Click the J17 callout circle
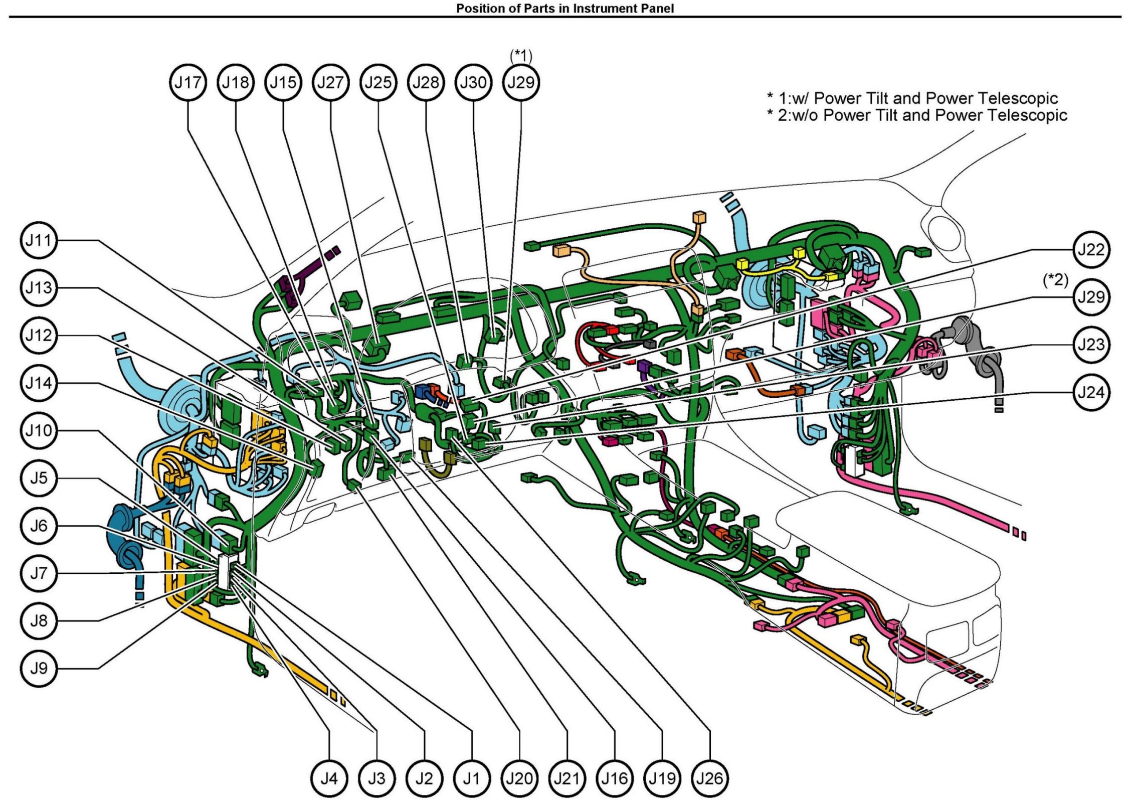coord(187,83)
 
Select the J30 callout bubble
coord(473,83)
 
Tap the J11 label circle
coord(39,240)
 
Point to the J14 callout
coord(39,383)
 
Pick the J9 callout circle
coord(39,669)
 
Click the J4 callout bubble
coord(329,778)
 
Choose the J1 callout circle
coord(472,778)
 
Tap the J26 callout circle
coord(710,778)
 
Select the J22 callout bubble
coord(1091,249)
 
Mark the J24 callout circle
coord(1091,392)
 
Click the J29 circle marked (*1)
coord(521,83)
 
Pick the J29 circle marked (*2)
coord(1091,297)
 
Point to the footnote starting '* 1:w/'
coord(912,98)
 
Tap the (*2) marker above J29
coord(1055,280)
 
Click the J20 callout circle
coord(519,778)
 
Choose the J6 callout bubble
coord(39,526)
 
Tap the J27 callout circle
coord(330,83)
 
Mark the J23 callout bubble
coord(1091,345)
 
